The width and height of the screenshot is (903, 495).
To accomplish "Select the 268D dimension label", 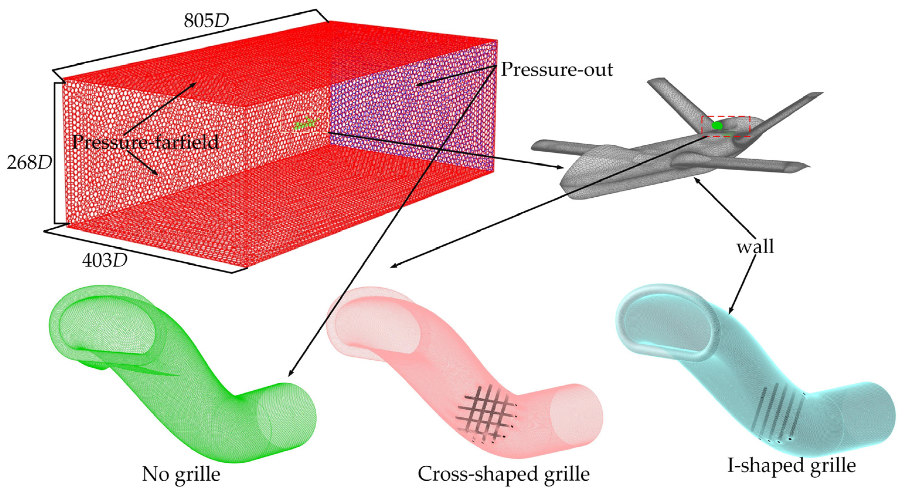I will tap(30, 163).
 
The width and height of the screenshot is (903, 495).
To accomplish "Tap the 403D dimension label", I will tap(104, 261).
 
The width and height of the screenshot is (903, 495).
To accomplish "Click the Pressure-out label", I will tap(557, 69).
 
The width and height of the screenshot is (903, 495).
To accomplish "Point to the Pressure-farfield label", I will tap(145, 142).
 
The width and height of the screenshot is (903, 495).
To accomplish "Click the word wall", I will tap(755, 247).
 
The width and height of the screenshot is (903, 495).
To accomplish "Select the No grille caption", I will tap(181, 474).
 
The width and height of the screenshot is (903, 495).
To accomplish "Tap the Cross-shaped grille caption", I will tap(504, 474).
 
